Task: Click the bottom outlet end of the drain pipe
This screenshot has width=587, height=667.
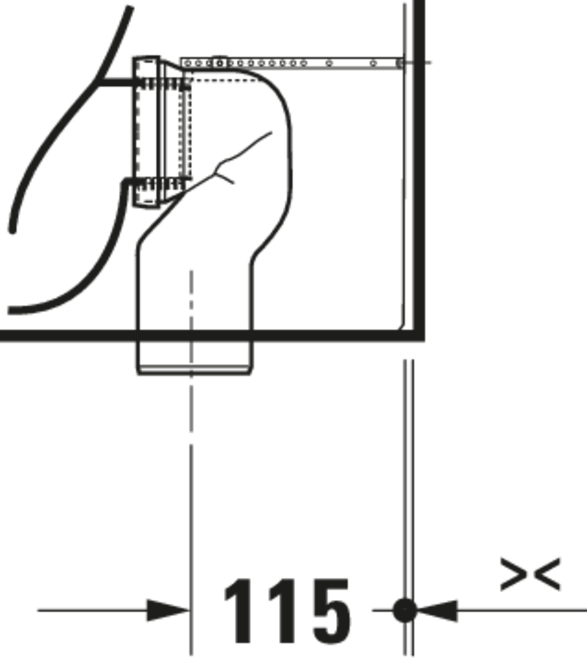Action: (194, 371)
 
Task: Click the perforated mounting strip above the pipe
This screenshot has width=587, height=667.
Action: (292, 63)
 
